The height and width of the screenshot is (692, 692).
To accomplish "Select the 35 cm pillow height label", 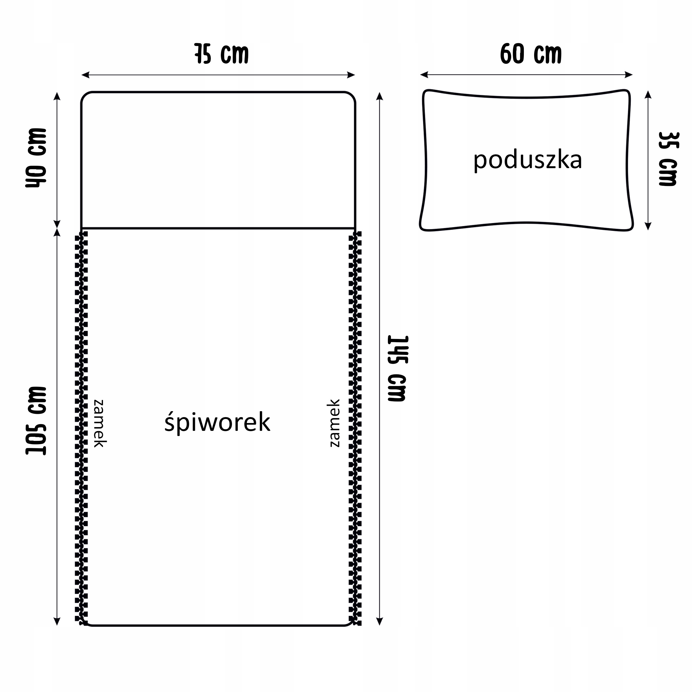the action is pyautogui.click(x=668, y=159).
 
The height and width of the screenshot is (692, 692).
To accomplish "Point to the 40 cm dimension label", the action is pyautogui.click(x=36, y=158).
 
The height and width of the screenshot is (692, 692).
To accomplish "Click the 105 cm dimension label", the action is pyautogui.click(x=36, y=421).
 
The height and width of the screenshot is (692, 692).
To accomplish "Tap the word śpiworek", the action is pyautogui.click(x=217, y=422).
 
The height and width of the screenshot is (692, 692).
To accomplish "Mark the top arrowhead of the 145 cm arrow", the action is pyautogui.click(x=380, y=96).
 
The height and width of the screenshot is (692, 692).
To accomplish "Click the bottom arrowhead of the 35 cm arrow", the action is pyautogui.click(x=648, y=226).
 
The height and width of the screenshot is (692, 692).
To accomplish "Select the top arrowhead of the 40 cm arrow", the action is pyautogui.click(x=56, y=96).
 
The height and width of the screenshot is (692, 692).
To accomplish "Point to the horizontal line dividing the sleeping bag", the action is pyautogui.click(x=218, y=228).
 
